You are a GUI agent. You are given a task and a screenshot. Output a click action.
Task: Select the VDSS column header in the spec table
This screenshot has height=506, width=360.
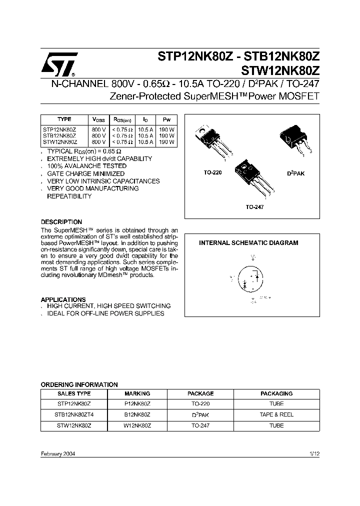pos(98,119)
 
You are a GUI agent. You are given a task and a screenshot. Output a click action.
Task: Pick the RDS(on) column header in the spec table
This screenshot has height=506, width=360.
pos(122,119)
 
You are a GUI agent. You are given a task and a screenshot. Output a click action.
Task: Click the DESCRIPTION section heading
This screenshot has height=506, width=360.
pos(61,221)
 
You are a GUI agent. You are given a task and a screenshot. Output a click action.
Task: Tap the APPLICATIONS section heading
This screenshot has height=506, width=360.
pos(63,299)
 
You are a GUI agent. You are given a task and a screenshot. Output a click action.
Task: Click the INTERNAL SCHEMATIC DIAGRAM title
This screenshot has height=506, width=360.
pos(248,243)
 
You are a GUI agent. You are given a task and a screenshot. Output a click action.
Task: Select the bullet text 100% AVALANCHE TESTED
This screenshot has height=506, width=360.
pos(86,166)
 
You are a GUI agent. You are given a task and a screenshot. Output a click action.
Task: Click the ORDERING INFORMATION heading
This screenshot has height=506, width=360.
pos(79,384)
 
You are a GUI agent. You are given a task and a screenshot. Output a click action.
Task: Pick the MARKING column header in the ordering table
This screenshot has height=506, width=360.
pos(137,393)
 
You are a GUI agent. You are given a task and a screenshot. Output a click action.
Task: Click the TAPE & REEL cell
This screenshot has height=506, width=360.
pos(276,414)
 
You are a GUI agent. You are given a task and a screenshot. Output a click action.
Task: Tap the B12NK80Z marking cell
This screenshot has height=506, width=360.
pos(137,414)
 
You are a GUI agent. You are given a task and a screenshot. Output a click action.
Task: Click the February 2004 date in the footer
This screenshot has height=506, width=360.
pos(58,453)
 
